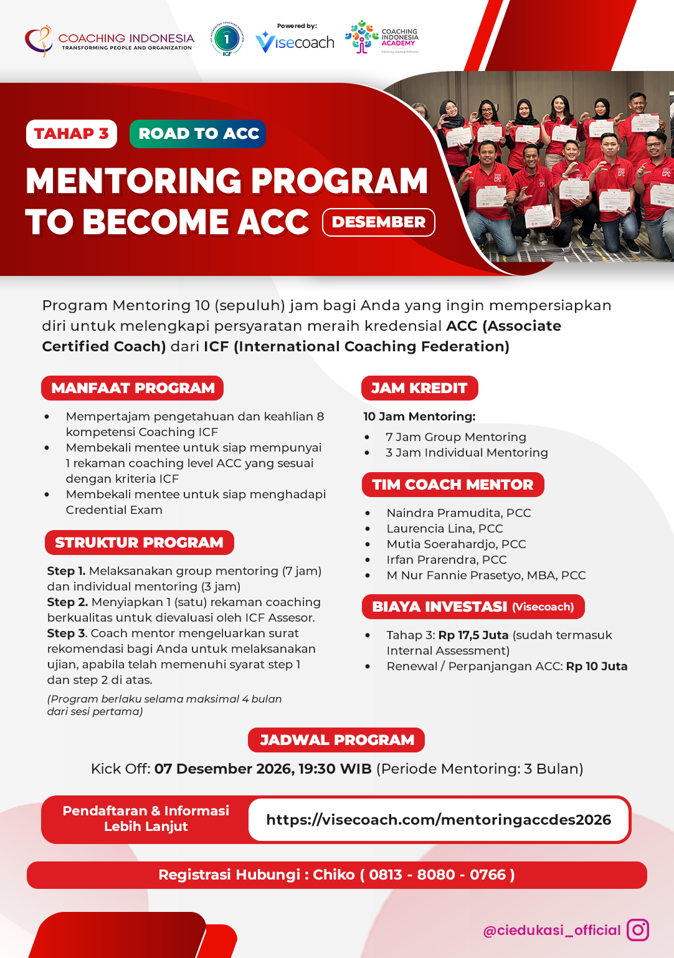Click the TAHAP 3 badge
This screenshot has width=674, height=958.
[72, 134]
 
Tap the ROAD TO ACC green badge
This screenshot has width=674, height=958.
[198, 134]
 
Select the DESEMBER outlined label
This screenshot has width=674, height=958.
[379, 222]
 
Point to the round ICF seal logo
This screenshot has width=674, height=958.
[227, 39]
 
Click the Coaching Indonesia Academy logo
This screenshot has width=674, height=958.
[382, 37]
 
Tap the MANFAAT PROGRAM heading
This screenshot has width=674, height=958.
[133, 388]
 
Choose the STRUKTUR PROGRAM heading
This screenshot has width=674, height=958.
[139, 543]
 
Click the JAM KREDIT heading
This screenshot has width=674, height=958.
[419, 388]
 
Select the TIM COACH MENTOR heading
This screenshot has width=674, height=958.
[453, 485]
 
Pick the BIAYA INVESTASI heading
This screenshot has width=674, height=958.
[473, 607]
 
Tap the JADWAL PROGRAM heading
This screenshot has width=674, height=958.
[336, 740]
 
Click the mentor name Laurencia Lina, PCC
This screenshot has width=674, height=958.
[445, 529]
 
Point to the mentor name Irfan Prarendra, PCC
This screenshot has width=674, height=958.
[447, 560]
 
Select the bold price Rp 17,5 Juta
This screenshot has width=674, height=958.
[473, 635]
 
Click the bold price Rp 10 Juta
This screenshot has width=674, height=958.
[596, 666]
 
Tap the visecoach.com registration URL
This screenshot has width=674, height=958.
[439, 820]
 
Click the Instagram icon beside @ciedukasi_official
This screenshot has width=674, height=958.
[637, 930]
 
